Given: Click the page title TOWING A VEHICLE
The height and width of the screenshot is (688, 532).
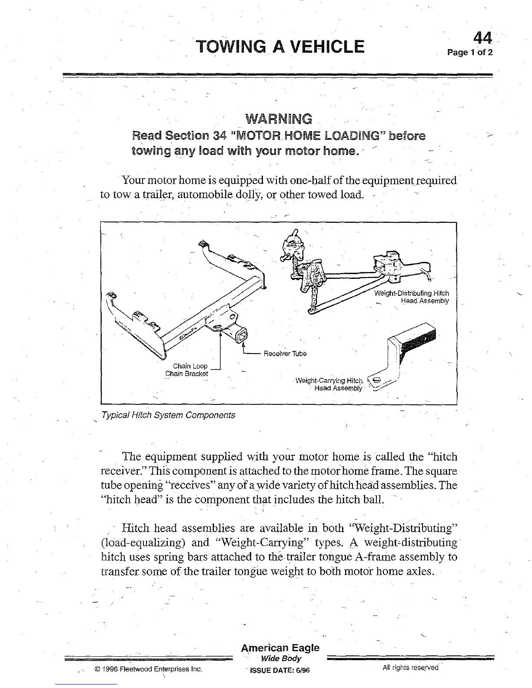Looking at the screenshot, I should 280,46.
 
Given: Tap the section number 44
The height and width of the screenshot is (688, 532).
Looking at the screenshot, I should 482,39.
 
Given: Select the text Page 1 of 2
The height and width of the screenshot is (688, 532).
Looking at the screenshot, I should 471,53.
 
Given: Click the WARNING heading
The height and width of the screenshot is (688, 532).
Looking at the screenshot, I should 279,118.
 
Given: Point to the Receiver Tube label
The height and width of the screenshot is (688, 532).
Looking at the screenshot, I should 285,354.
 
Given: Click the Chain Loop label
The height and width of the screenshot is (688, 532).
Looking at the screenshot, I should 190,366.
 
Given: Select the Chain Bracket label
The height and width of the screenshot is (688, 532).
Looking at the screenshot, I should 187,374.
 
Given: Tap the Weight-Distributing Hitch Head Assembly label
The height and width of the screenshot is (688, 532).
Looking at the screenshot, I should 412,297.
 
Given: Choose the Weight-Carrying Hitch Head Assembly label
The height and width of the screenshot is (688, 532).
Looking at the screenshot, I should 329,384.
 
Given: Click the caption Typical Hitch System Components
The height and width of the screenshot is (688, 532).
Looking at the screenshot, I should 168,415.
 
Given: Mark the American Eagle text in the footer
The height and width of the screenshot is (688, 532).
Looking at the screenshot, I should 280,648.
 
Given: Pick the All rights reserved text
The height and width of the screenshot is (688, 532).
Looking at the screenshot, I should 410,668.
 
